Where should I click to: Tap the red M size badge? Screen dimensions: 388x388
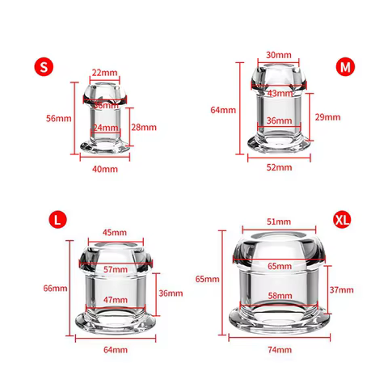345,66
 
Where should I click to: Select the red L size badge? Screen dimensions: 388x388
55,218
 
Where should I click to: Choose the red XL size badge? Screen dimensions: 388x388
343,219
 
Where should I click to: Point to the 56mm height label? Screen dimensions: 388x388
58,118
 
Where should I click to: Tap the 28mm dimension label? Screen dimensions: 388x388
142,128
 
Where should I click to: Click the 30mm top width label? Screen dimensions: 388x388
279,55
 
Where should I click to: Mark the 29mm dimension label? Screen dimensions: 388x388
327,117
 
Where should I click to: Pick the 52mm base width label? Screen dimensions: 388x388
279,167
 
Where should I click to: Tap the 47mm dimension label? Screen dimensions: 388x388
116,299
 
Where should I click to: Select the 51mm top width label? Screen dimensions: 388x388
279,221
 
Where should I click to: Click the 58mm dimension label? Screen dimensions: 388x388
279,297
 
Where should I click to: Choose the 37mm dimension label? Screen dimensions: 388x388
341,289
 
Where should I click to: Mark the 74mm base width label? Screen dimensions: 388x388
279,350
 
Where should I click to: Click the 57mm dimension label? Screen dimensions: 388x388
116,269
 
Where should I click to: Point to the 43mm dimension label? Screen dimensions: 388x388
279,94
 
